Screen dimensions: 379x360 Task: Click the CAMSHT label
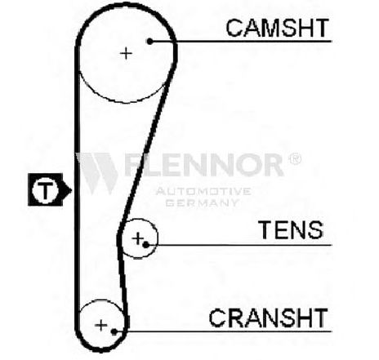tap(278, 28)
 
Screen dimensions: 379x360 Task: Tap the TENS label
tap(292, 230)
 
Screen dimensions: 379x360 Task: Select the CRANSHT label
tap(268, 318)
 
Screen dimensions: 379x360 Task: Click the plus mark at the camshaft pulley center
tap(126, 53)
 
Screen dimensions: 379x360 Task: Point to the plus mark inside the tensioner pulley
tap(138, 238)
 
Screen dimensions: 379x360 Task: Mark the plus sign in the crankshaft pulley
tap(101, 326)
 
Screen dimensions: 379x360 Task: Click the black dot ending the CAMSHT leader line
tap(149, 42)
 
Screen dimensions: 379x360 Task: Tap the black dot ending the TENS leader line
tap(146, 245)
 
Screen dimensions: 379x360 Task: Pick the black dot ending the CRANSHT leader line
tap(114, 331)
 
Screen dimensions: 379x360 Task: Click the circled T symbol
tap(45, 189)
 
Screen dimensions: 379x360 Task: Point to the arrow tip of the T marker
tap(72, 189)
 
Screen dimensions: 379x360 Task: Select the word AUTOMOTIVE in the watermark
tap(203, 191)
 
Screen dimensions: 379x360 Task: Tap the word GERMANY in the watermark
tap(202, 202)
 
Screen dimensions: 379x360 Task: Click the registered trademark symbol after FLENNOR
tap(295, 159)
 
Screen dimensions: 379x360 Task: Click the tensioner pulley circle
tap(157, 238)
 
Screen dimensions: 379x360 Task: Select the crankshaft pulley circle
tap(100, 300)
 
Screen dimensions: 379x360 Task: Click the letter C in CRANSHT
tap(218, 318)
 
